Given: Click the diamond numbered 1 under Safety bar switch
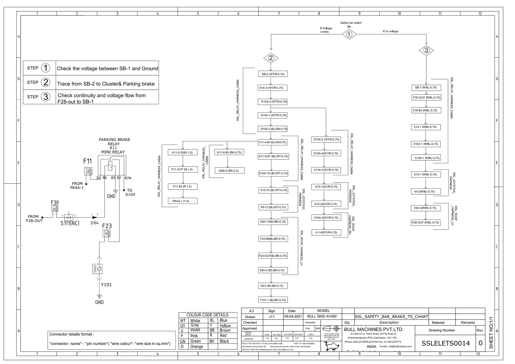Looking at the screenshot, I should pos(349,34).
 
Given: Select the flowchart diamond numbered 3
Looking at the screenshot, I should pos(426,50).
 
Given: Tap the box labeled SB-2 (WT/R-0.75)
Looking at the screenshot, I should pos(273,74).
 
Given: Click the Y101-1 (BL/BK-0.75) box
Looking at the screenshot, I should pos(273,300).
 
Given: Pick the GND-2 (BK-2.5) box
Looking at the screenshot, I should pos(228,171).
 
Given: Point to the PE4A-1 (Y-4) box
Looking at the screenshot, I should pos(183,201).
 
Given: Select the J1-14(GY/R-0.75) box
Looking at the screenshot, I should pos(326,233).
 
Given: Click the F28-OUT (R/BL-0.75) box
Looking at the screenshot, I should pos(425,222).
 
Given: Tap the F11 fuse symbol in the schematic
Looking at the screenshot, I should pos(88,171).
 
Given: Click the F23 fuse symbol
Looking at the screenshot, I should pos(107,234).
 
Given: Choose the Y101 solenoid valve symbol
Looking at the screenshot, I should pos(97,269).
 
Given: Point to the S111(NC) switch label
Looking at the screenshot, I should pos(70,223).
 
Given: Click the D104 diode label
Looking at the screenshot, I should pos(95,223).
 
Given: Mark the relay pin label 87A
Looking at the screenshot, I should pos(128,178).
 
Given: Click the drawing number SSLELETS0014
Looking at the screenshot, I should pos(445,343).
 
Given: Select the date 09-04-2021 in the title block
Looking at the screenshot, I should pos(293,316).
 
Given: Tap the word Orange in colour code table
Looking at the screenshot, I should pos(197,347).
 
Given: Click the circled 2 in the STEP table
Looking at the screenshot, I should pos(46,82).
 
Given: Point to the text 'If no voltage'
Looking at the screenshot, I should pos(391,31).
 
